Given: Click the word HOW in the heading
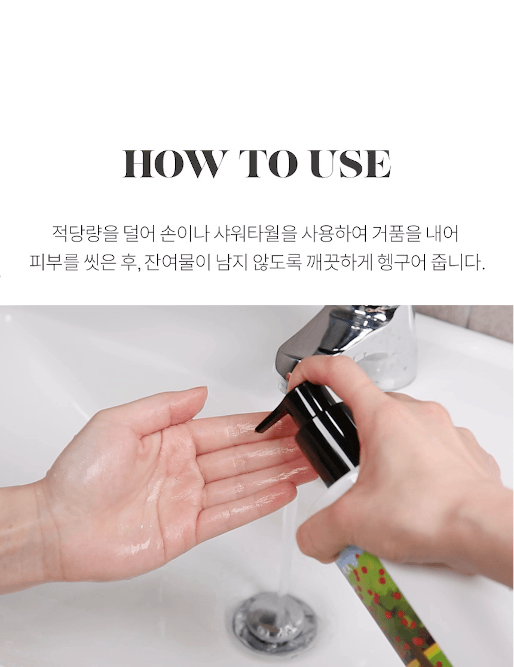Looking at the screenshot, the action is (172, 164).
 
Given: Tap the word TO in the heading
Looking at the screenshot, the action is (268, 164).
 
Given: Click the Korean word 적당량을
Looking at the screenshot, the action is (84, 234).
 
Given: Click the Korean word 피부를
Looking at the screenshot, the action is (54, 262).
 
